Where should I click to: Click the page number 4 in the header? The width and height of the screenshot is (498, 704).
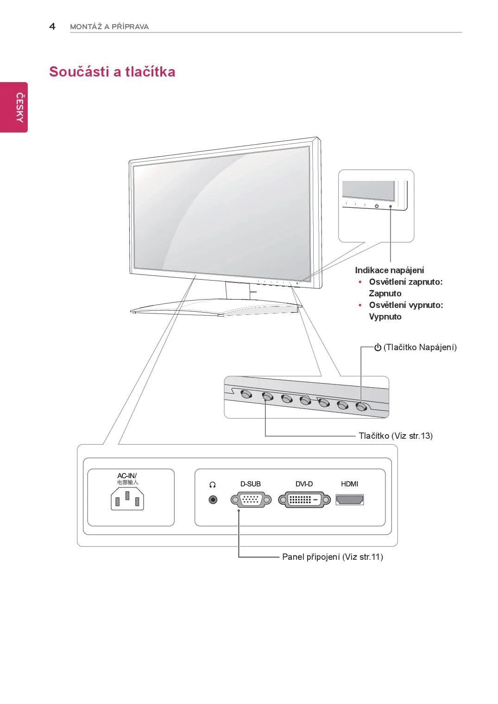click(52, 26)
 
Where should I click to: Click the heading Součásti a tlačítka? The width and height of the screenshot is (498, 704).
click(112, 72)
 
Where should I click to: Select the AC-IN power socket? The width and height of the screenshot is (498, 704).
click(127, 500)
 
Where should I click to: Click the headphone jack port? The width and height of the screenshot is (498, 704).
click(213, 500)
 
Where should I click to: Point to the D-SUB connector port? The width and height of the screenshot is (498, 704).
click(251, 500)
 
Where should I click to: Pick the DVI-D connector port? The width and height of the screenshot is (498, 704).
click(304, 500)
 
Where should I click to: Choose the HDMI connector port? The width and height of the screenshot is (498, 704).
click(350, 500)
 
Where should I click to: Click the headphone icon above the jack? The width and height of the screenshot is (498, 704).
click(213, 485)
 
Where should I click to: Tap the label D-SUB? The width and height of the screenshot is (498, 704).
click(250, 484)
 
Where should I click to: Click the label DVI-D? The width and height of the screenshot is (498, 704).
click(304, 484)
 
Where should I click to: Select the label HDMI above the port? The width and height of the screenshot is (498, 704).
click(349, 484)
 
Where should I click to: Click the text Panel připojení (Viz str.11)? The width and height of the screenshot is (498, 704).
click(332, 557)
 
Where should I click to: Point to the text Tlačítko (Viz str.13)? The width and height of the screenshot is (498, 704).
click(395, 435)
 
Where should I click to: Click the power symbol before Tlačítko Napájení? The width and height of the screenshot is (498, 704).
click(378, 347)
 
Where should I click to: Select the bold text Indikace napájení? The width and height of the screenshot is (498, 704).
click(389, 270)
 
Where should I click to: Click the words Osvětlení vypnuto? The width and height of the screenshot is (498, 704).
click(406, 305)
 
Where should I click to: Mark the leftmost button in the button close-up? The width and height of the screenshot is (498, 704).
click(246, 394)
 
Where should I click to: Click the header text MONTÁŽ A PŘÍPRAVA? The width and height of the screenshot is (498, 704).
click(109, 27)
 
